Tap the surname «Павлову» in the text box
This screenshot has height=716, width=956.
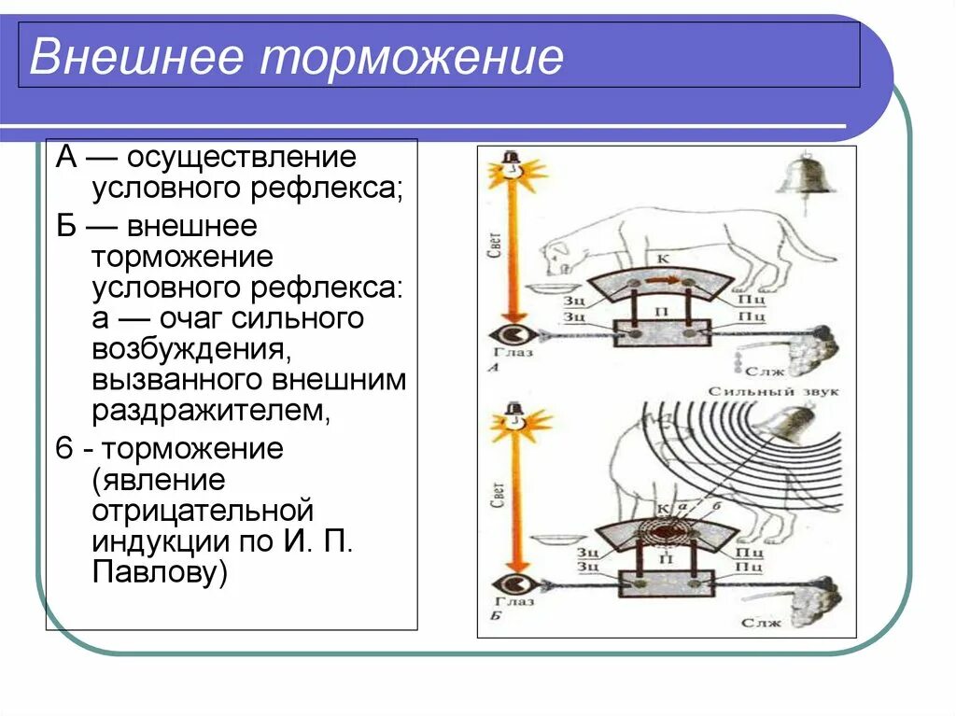tap(160, 572)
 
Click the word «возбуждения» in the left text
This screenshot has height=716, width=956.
tap(187, 350)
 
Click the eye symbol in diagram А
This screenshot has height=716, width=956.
tap(511, 334)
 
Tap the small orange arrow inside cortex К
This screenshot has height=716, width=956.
tap(662, 281)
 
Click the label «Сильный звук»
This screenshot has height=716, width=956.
tap(774, 391)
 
